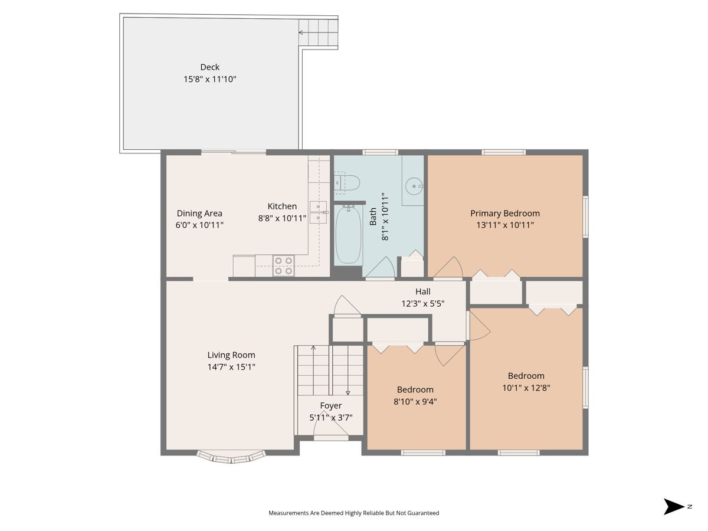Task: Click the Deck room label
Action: [x=209, y=67]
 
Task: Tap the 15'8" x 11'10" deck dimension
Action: [x=209, y=79]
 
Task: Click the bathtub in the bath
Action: [x=348, y=235]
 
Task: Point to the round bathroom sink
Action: [x=414, y=186]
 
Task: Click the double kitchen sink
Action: [x=318, y=212]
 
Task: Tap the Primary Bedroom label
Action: [x=505, y=213]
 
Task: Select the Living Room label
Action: [x=231, y=355]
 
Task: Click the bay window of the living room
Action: [x=231, y=457]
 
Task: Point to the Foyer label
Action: [x=330, y=405]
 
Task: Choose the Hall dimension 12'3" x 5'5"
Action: [x=422, y=303]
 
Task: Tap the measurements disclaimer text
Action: [x=354, y=513]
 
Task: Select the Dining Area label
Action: [x=199, y=213]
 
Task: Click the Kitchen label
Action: [x=282, y=206]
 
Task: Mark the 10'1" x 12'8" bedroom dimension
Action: [x=526, y=388]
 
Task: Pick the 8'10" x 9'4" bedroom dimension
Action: [x=415, y=401]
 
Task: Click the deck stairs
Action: [x=318, y=32]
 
